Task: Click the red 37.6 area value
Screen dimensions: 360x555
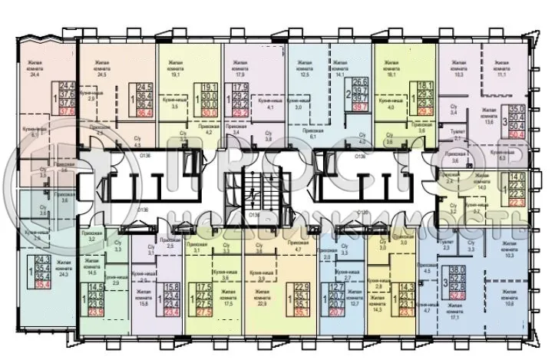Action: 67,110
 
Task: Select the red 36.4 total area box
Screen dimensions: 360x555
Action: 143,110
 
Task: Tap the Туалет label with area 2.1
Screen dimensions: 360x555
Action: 454,134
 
